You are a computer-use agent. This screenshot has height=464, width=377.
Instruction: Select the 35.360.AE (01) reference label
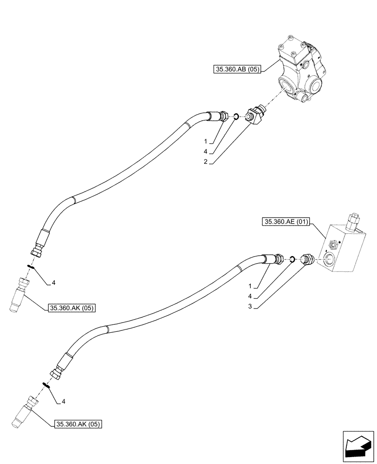[x=286, y=223]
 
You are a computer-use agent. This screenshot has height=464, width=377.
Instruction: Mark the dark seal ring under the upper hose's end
[x=31, y=266]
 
